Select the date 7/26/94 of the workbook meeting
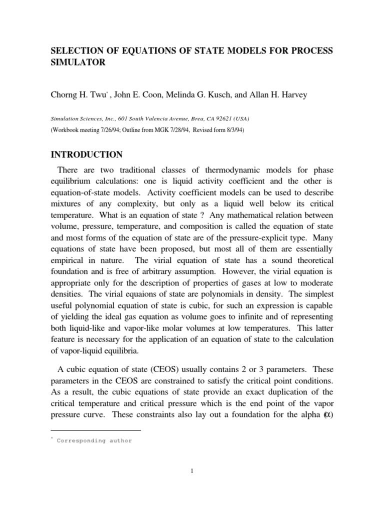(107, 129)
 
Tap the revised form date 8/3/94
(233, 129)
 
